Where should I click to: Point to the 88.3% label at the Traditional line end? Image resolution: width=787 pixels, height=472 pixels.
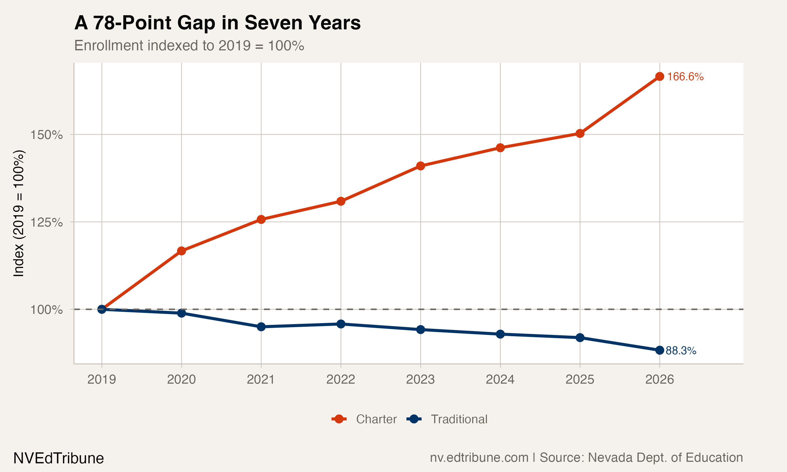681,351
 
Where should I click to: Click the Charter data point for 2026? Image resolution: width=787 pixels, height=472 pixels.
660,76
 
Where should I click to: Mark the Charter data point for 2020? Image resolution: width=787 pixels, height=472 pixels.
181,251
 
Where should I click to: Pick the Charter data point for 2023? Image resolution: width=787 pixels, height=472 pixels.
421,166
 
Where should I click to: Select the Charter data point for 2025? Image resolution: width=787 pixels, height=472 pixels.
580,133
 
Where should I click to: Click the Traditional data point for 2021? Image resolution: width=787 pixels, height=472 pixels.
261,327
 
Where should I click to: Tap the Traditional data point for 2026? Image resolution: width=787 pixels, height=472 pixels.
660,350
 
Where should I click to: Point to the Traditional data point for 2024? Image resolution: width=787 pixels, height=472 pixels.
500,334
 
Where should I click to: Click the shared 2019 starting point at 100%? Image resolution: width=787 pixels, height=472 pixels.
102,309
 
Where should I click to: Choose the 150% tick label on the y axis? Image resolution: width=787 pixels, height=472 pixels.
46,135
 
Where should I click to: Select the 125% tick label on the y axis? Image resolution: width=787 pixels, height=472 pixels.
46,222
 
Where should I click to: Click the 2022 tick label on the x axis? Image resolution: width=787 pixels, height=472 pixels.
341,379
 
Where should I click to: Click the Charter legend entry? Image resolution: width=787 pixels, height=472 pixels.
365,419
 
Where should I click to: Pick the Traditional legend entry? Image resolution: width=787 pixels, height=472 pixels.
447,419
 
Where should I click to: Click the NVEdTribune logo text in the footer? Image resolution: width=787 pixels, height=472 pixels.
59,458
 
